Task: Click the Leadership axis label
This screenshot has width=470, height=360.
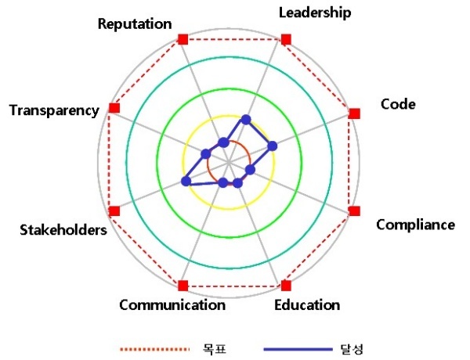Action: coord(315,13)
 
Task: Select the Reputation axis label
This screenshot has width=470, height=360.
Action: coord(135,24)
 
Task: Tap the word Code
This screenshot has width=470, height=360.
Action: coord(398,104)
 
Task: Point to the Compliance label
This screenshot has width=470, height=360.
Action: coord(415,225)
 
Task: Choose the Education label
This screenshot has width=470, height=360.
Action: coord(307,305)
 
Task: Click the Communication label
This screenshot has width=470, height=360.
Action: coord(172,305)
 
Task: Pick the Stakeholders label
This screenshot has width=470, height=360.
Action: coord(63,230)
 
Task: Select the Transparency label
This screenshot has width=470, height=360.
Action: coord(54,110)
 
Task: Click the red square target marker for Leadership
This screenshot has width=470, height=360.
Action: coord(286,39)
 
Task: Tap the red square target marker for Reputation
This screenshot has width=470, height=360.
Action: coord(183,39)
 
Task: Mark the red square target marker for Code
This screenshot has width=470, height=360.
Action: coord(355,113)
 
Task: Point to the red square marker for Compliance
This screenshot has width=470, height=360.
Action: coord(355,211)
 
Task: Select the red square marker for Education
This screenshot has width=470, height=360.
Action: coord(286,286)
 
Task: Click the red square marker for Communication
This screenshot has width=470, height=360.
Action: coord(183,286)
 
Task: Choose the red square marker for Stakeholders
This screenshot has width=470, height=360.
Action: coord(114,211)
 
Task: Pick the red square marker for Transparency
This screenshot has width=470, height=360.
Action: coord(114,108)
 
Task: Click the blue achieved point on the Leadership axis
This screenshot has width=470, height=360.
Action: coord(246,120)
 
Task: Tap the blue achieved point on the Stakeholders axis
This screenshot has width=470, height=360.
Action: coord(186,182)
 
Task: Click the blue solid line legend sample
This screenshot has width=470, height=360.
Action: coord(298,349)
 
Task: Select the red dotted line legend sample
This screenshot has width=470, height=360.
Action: coord(154,349)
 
